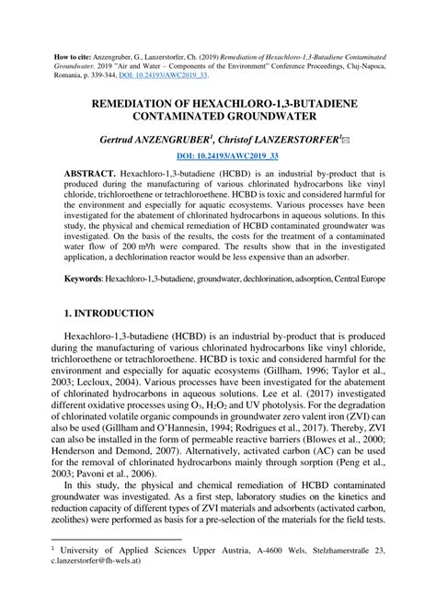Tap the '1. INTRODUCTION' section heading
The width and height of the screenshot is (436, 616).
pos(103,314)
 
